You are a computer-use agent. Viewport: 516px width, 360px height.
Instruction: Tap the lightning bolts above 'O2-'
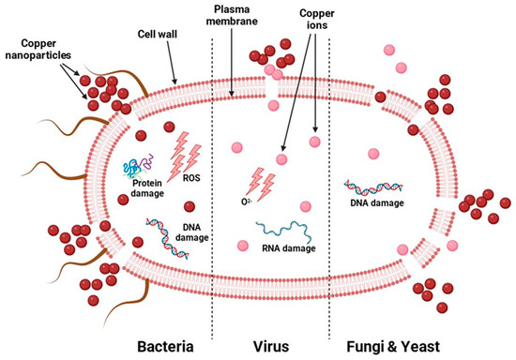pos(262,179)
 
